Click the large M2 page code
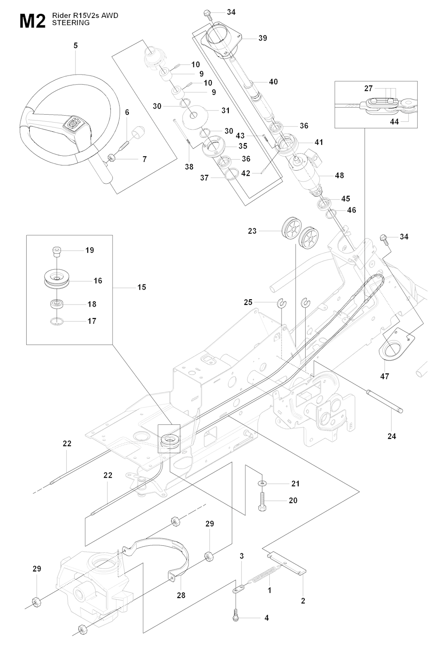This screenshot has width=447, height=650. click(x=32, y=21)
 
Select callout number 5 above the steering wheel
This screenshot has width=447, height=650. click(x=76, y=45)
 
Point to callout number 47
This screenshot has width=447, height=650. click(x=385, y=376)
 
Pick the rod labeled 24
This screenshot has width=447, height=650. click(x=384, y=401)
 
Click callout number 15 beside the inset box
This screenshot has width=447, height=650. click(x=141, y=287)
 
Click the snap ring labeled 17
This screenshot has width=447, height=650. click(x=57, y=322)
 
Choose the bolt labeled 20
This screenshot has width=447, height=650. click(x=262, y=501)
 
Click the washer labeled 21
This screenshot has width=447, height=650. click(x=261, y=483)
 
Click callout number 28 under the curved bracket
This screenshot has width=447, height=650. click(x=181, y=595)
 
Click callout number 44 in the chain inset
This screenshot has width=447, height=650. click(x=394, y=122)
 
